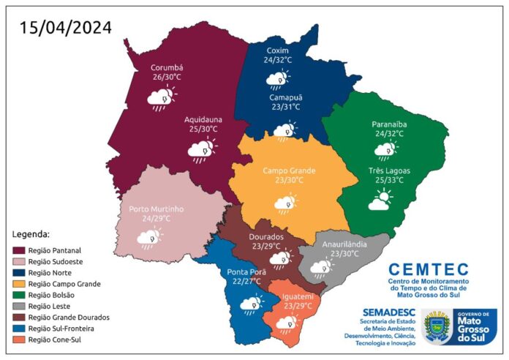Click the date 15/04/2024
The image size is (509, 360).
click(66, 28)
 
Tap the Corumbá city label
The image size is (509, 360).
click(167, 65)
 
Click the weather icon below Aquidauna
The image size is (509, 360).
click(200, 151)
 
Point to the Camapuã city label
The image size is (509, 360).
click(283, 96)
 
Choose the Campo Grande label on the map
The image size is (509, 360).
click(290, 170)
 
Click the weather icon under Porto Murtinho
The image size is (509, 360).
click(150, 239)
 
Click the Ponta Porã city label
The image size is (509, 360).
click(243, 273)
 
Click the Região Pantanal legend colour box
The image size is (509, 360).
click(20, 250)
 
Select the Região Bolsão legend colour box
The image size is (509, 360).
click(20, 295)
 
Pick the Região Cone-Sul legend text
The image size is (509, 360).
click(58, 340)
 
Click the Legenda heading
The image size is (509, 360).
click(31, 234)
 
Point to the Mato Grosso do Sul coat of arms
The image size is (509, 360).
click(438, 327)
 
